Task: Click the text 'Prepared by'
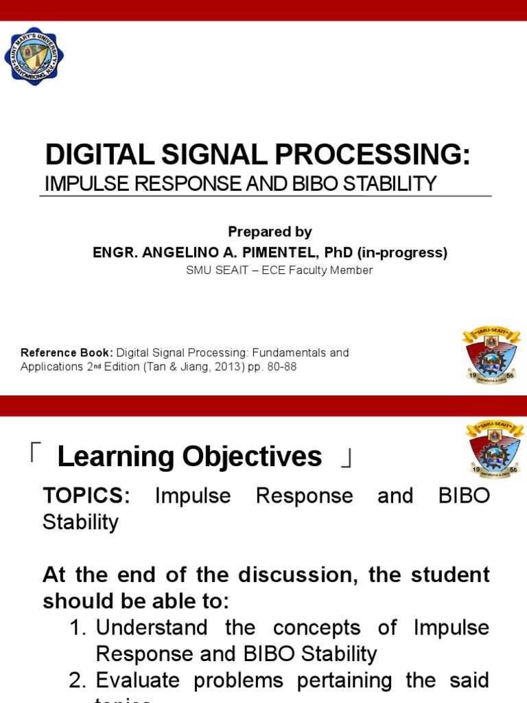(x=270, y=232)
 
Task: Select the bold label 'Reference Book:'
(x=67, y=353)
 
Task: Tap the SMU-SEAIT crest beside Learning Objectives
(x=493, y=450)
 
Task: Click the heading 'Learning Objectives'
(x=189, y=457)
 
